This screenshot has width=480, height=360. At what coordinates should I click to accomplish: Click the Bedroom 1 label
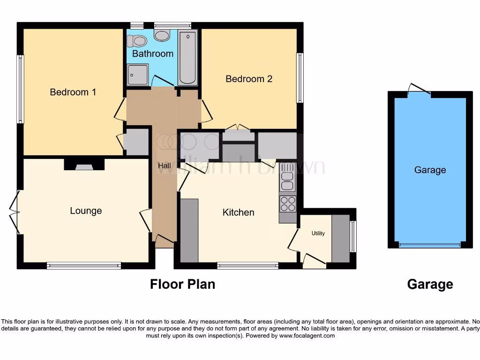[73, 92]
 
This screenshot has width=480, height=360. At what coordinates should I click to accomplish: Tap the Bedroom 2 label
[249, 79]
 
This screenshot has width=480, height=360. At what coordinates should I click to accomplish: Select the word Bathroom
[152, 53]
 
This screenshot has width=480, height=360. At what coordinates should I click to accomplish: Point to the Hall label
[164, 165]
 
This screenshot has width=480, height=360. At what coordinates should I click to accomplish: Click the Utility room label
[318, 233]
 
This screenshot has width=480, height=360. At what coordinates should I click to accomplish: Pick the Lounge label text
[86, 211]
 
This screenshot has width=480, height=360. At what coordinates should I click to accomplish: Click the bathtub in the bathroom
[188, 57]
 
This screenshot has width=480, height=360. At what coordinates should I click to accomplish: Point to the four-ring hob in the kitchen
[288, 203]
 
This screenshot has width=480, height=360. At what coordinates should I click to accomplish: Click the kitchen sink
[287, 181]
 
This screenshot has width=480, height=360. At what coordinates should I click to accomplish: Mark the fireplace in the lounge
[84, 165]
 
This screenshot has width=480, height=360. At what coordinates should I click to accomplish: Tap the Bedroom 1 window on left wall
[20, 89]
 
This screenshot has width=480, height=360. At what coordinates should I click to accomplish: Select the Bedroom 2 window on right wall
[300, 77]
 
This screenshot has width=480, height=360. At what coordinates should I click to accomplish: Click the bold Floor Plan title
[182, 284]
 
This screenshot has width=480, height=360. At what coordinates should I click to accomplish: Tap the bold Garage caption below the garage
[430, 284]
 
